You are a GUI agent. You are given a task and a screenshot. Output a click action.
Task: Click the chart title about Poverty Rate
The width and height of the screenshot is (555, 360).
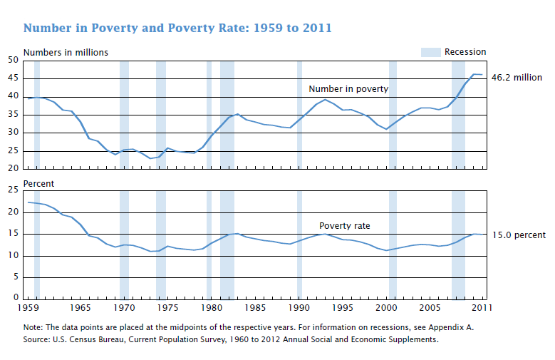point(177,28)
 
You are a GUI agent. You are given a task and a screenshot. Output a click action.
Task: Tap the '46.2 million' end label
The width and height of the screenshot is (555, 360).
point(517,77)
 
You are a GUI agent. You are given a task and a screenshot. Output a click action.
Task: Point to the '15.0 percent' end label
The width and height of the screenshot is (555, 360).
point(519,235)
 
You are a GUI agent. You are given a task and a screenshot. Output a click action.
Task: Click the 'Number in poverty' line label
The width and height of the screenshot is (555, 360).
point(348,89)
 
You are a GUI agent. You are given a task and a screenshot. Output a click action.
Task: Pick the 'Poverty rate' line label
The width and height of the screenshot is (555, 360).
point(344,226)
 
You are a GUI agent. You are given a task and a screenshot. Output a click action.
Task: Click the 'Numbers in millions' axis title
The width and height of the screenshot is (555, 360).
point(66,53)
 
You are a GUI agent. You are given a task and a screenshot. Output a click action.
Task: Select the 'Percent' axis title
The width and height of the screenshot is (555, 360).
point(38,183)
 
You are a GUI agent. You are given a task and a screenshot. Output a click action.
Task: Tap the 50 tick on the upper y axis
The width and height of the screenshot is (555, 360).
point(13,60)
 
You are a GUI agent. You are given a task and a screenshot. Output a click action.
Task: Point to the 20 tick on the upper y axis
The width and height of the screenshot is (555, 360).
point(13,168)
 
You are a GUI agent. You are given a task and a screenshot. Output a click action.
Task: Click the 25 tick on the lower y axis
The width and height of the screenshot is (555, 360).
point(13,190)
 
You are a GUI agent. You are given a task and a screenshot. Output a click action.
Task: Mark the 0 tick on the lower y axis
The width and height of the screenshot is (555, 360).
point(16,297)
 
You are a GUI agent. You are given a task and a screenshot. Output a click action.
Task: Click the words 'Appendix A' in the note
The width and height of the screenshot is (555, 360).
point(450,327)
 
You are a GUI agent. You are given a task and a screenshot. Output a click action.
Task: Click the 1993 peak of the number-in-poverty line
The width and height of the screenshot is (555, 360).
point(325,99)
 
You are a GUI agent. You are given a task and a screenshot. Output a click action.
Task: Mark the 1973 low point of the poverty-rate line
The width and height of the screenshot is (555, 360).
point(150,251)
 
